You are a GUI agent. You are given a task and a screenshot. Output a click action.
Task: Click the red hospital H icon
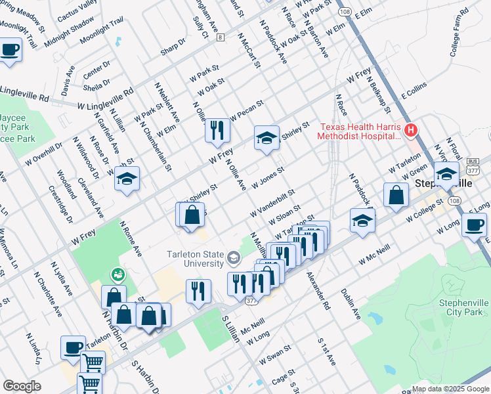411,130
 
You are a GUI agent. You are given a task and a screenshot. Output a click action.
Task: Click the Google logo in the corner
22,386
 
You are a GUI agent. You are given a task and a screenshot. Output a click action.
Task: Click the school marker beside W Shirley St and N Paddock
267,138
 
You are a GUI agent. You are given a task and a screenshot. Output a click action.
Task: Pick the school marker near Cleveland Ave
127,178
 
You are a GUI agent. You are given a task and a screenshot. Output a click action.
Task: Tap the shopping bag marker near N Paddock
396,195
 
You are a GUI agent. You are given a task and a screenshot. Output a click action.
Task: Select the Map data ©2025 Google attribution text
450,388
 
